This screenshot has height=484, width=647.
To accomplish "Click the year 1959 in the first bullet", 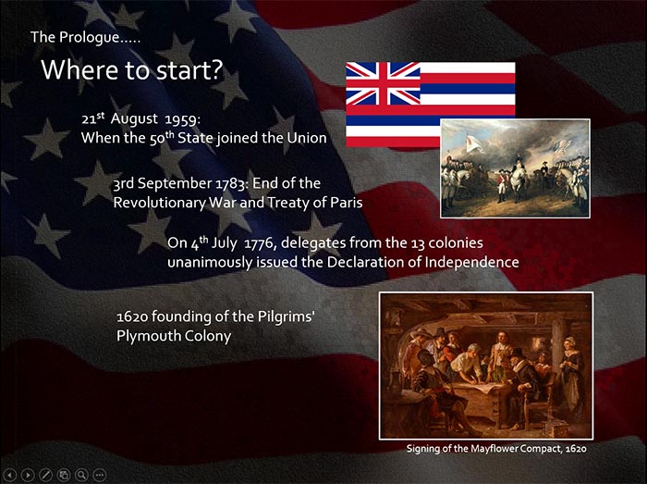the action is (x=182, y=119).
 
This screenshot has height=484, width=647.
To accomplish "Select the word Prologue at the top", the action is (x=89, y=38).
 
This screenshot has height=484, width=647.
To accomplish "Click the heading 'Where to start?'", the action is (x=131, y=69).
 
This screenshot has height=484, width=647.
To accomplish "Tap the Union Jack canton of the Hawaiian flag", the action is (x=383, y=83).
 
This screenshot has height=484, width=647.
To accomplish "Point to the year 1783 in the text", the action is (x=233, y=183).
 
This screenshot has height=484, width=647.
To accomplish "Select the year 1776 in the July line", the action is (x=260, y=242).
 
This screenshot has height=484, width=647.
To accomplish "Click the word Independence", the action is (x=472, y=262).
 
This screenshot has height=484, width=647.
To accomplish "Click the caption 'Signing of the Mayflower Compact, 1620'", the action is (x=496, y=449).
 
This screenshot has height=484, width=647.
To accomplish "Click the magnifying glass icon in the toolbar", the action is (x=81, y=475).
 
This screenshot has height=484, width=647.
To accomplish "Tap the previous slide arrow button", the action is (x=9, y=475).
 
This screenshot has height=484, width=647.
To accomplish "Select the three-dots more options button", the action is (x=100, y=475).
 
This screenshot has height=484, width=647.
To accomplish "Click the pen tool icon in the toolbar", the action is (x=45, y=475).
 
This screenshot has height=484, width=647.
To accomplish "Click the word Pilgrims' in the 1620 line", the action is (x=287, y=316).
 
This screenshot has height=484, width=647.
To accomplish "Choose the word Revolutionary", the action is (x=159, y=203).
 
